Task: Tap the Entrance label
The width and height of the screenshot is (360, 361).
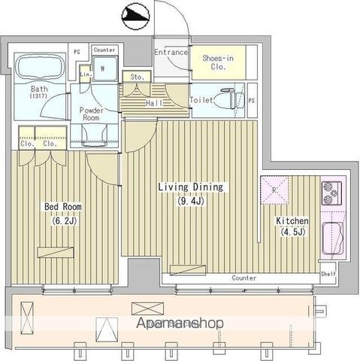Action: coord(171,52)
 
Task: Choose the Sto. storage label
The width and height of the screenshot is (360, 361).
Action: coord(138,76)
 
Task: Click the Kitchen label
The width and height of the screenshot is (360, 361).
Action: coord(292,221)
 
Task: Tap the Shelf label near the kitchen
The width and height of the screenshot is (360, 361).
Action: coord(328,275)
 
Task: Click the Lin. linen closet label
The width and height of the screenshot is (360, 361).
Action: coord(84,74)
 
